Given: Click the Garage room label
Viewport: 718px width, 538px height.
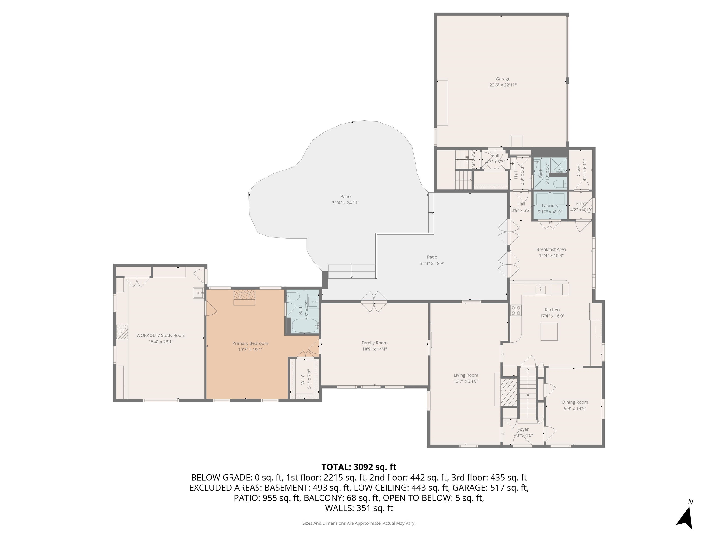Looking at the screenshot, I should [x=503, y=79].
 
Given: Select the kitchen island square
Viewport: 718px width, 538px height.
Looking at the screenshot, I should [x=549, y=332].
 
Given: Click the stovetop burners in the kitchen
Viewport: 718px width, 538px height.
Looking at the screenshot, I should [x=516, y=311].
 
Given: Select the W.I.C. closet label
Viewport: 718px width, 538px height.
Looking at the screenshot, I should [x=302, y=379].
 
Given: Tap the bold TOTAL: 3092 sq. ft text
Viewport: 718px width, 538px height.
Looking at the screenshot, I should [x=359, y=467].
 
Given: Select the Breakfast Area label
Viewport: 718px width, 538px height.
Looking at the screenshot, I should [x=551, y=249].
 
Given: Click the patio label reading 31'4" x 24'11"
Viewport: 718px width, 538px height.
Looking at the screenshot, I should [x=345, y=203].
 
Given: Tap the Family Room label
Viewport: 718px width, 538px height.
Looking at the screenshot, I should [x=374, y=343].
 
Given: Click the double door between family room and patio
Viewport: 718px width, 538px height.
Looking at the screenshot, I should [x=374, y=302].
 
